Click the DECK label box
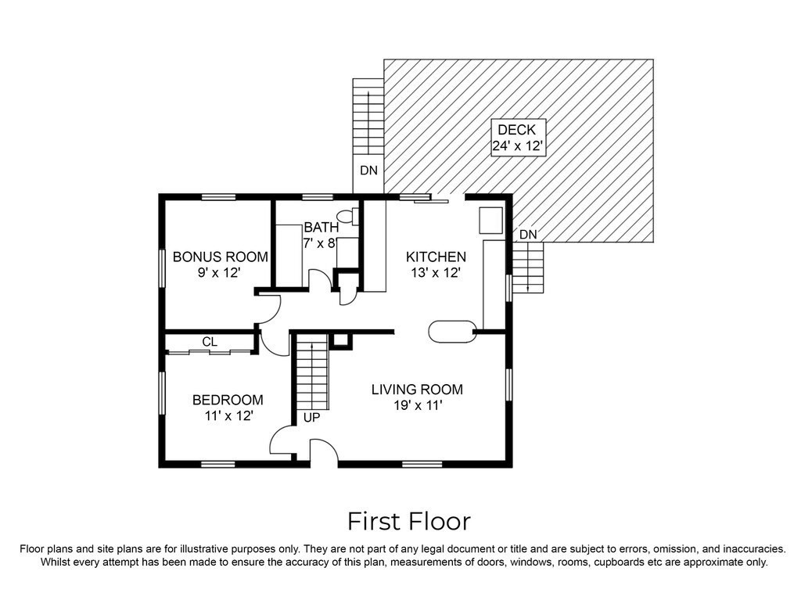pyautogui.click(x=518, y=138)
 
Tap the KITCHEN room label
pyautogui.click(x=436, y=257)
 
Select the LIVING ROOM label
pyautogui.click(x=417, y=390)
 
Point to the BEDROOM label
pyautogui.click(x=228, y=400)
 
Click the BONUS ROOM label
pyautogui.click(x=220, y=257)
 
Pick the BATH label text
pyautogui.click(x=321, y=227)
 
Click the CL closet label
pyautogui.click(x=210, y=341)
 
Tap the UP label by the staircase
pyautogui.click(x=311, y=418)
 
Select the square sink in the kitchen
pyautogui.click(x=490, y=221)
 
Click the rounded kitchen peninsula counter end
pyautogui.click(x=453, y=332)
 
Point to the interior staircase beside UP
pyautogui.click(x=311, y=372)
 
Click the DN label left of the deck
pyautogui.click(x=369, y=171)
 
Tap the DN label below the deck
pyautogui.click(x=528, y=234)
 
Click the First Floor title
pyautogui.click(x=408, y=521)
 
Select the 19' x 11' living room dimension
pyautogui.click(x=418, y=405)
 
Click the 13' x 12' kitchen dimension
pyautogui.click(x=436, y=272)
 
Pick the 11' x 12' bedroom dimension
pyautogui.click(x=229, y=415)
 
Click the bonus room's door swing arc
pyautogui.click(x=270, y=309)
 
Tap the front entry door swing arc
pyautogui.click(x=323, y=451)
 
